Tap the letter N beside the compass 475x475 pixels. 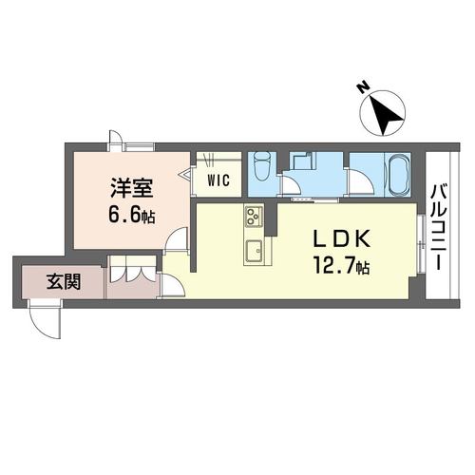363,88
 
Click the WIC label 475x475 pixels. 217,178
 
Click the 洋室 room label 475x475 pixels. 127,188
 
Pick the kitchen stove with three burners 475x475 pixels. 254,218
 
